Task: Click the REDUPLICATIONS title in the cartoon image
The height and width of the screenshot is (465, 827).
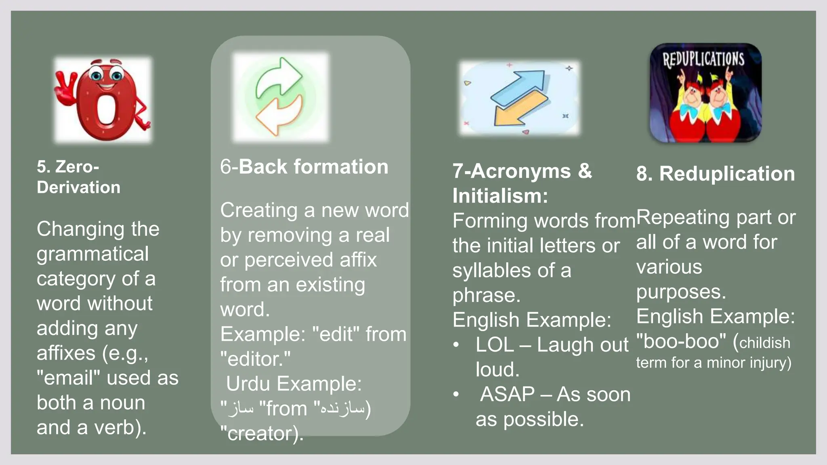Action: click(x=703, y=59)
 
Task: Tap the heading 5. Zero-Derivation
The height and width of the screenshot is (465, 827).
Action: click(x=78, y=177)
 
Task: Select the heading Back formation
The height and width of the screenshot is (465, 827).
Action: click(x=313, y=167)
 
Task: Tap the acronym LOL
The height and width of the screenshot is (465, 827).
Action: click(x=495, y=345)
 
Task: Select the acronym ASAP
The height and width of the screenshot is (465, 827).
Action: click(x=507, y=394)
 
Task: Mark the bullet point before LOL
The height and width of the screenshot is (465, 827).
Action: click(x=456, y=345)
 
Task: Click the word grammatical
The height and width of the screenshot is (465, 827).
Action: click(x=93, y=254)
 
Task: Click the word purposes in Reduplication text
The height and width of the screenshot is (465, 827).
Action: click(x=681, y=292)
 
